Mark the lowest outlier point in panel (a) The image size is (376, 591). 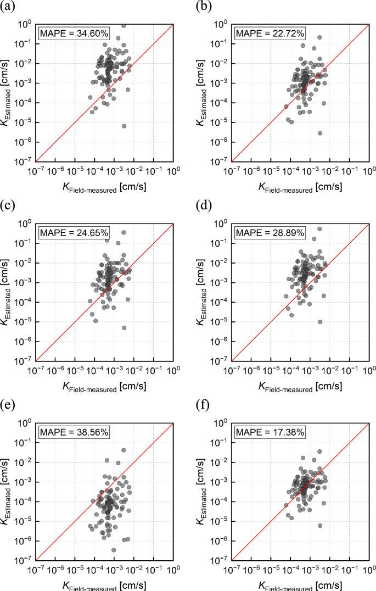point(124,126)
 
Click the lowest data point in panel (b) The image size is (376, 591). point(320,133)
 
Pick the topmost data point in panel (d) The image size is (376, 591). point(319,229)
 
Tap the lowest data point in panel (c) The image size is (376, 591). point(124,328)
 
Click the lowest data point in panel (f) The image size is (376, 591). point(320,526)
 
